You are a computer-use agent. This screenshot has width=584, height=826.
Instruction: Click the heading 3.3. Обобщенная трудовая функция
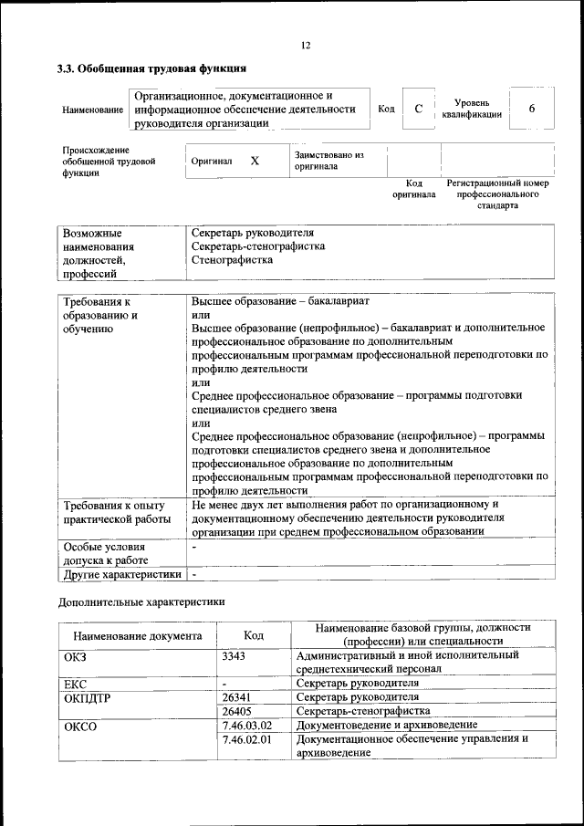tap(151, 68)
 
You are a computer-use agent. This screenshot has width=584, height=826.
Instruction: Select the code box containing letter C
tap(418, 110)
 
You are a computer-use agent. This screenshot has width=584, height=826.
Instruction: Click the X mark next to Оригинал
tap(255, 161)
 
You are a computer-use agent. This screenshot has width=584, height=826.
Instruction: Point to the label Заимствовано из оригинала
tap(328, 161)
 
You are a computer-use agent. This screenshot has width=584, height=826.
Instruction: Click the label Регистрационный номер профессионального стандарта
tap(497, 194)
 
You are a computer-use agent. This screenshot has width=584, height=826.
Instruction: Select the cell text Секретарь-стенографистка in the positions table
tap(258, 246)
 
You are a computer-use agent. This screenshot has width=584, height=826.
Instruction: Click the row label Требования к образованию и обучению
tap(101, 315)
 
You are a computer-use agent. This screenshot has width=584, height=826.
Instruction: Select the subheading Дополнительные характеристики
tap(141, 602)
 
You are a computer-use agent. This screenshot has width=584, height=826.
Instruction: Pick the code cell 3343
tap(235, 655)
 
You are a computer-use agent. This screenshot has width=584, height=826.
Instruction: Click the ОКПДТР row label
tap(86, 696)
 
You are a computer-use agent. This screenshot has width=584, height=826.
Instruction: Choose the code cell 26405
tap(236, 710)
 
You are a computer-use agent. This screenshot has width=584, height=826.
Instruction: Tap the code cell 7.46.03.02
tap(247, 725)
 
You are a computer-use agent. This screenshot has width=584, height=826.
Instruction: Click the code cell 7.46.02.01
tap(247, 739)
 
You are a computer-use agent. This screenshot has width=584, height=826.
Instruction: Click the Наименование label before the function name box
tap(93, 110)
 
